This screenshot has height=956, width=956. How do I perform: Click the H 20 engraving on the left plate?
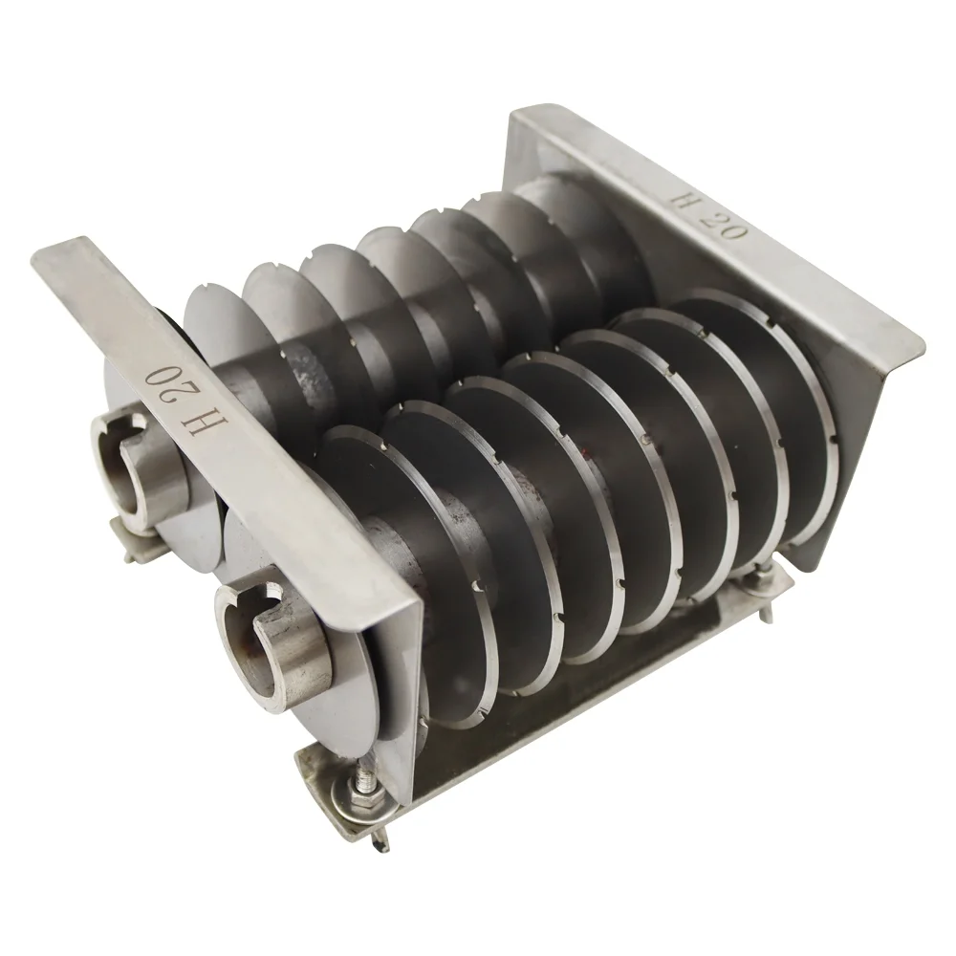[x=176, y=398]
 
